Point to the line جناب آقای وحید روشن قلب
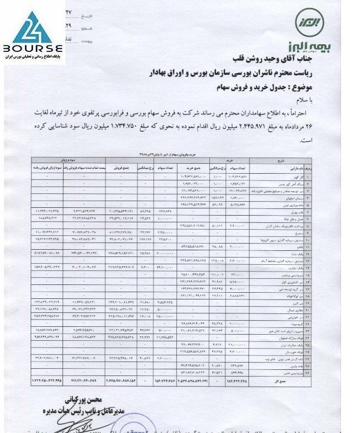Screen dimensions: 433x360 (276, 59)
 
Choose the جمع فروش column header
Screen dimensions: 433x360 (122, 166)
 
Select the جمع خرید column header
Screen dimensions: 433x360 (191, 166)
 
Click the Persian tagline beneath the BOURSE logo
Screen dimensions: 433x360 (32, 58)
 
